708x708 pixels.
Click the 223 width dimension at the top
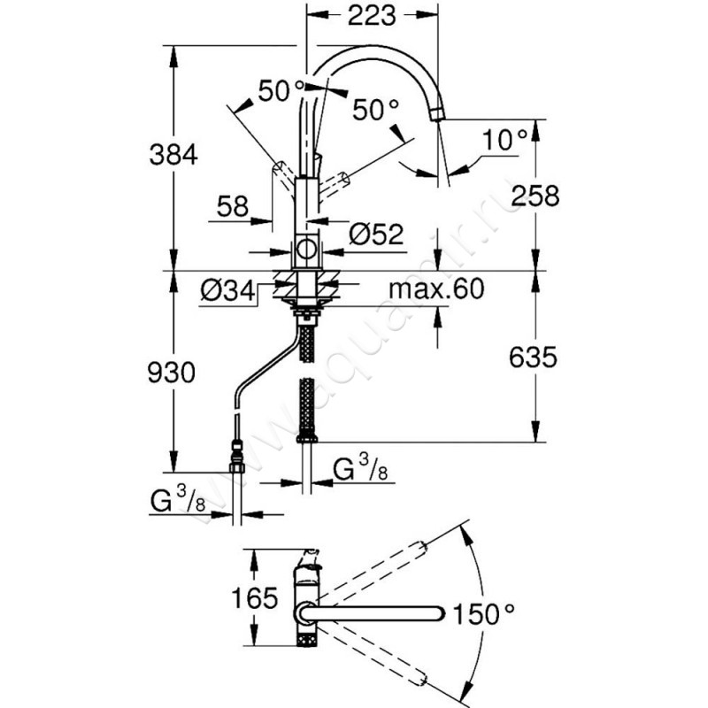(371, 15)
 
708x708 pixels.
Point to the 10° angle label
(506, 140)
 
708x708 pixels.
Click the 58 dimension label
(232, 206)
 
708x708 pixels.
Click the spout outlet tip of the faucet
(438, 113)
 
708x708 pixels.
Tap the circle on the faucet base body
(306, 250)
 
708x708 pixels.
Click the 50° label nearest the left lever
(281, 90)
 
